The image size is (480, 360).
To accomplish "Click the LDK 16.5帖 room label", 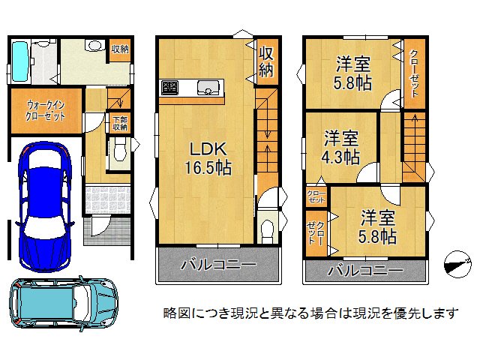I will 205,156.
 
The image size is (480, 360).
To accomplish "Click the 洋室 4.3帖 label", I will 341,148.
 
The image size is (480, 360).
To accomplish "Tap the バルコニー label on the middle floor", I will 217,265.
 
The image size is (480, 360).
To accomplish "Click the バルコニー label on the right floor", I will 365,270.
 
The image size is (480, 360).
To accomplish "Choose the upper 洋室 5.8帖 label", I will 352,73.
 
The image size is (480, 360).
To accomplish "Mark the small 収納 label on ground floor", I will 119,49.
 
